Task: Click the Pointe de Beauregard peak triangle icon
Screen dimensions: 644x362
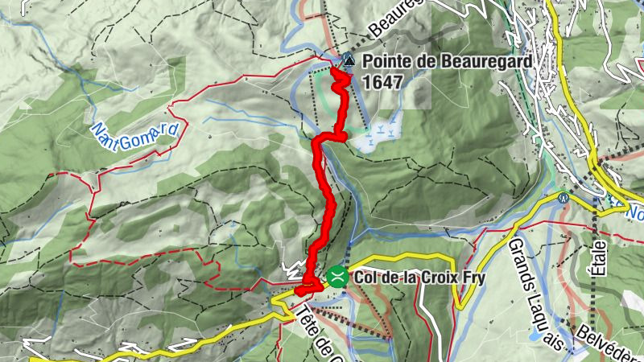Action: pyautogui.click(x=348, y=59)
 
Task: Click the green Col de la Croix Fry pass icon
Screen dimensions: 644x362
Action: pyautogui.click(x=336, y=278)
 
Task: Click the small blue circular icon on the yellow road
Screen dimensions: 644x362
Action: pyautogui.click(x=564, y=196)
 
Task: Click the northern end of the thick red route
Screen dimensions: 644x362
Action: pyautogui.click(x=336, y=71)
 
